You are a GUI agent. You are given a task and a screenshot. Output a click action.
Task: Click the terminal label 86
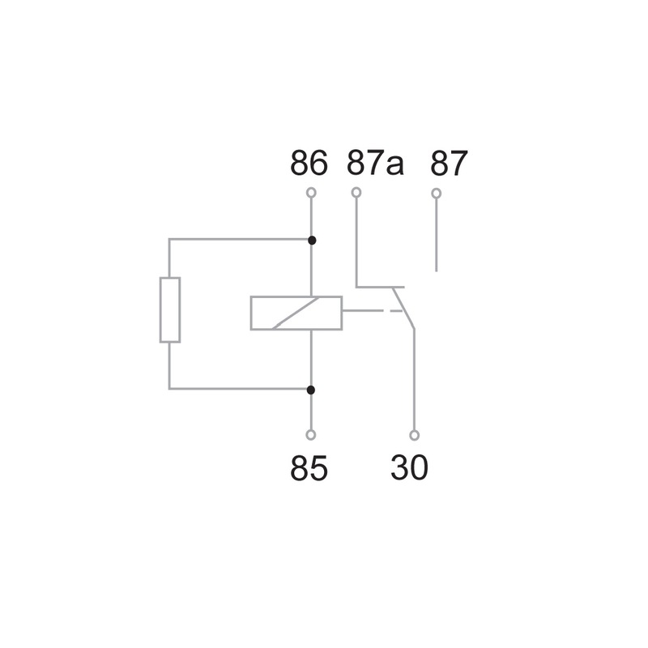point(309,163)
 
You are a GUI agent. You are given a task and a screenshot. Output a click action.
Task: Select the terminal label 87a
point(375,163)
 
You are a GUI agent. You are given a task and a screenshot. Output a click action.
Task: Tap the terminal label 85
point(309,468)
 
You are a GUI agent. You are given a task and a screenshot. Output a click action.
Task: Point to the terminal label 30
point(409,467)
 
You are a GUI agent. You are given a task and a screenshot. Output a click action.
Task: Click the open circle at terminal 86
point(311,193)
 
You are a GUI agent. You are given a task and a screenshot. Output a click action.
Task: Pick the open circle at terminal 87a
point(356,193)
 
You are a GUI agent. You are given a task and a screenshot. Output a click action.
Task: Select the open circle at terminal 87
point(436,193)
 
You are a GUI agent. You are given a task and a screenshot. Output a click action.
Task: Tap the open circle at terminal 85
point(311,435)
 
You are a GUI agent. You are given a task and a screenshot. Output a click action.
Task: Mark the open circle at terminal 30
point(414,435)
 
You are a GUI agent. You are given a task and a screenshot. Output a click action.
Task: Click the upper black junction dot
point(312,240)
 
